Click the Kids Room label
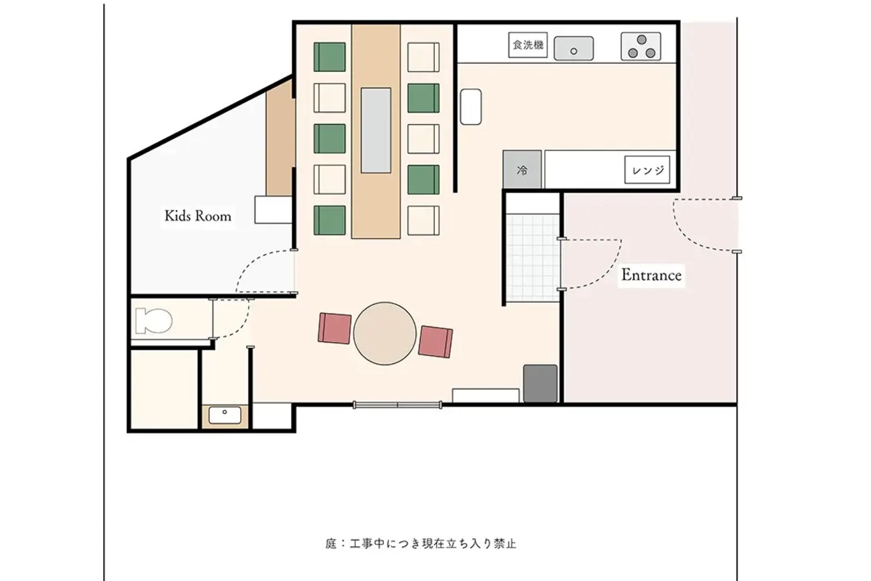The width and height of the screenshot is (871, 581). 197,216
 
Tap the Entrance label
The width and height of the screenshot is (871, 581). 651,275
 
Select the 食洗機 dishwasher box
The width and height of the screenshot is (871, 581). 528,46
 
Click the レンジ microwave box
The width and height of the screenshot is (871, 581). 647,171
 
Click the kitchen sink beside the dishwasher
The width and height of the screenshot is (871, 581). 574,49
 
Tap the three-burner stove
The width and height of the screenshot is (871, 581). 642,47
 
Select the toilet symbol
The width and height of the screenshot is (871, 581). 153,320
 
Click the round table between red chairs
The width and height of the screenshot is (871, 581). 385,333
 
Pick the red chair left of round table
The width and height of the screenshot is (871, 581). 335,328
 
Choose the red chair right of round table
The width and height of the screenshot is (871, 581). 435,341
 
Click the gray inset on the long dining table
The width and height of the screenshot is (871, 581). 376,130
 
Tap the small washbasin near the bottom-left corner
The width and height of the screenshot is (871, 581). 225,415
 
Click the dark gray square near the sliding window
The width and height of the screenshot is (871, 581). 540,383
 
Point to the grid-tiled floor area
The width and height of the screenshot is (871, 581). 532,258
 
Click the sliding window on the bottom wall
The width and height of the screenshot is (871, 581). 398,405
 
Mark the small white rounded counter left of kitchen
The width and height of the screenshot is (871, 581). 471,106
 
